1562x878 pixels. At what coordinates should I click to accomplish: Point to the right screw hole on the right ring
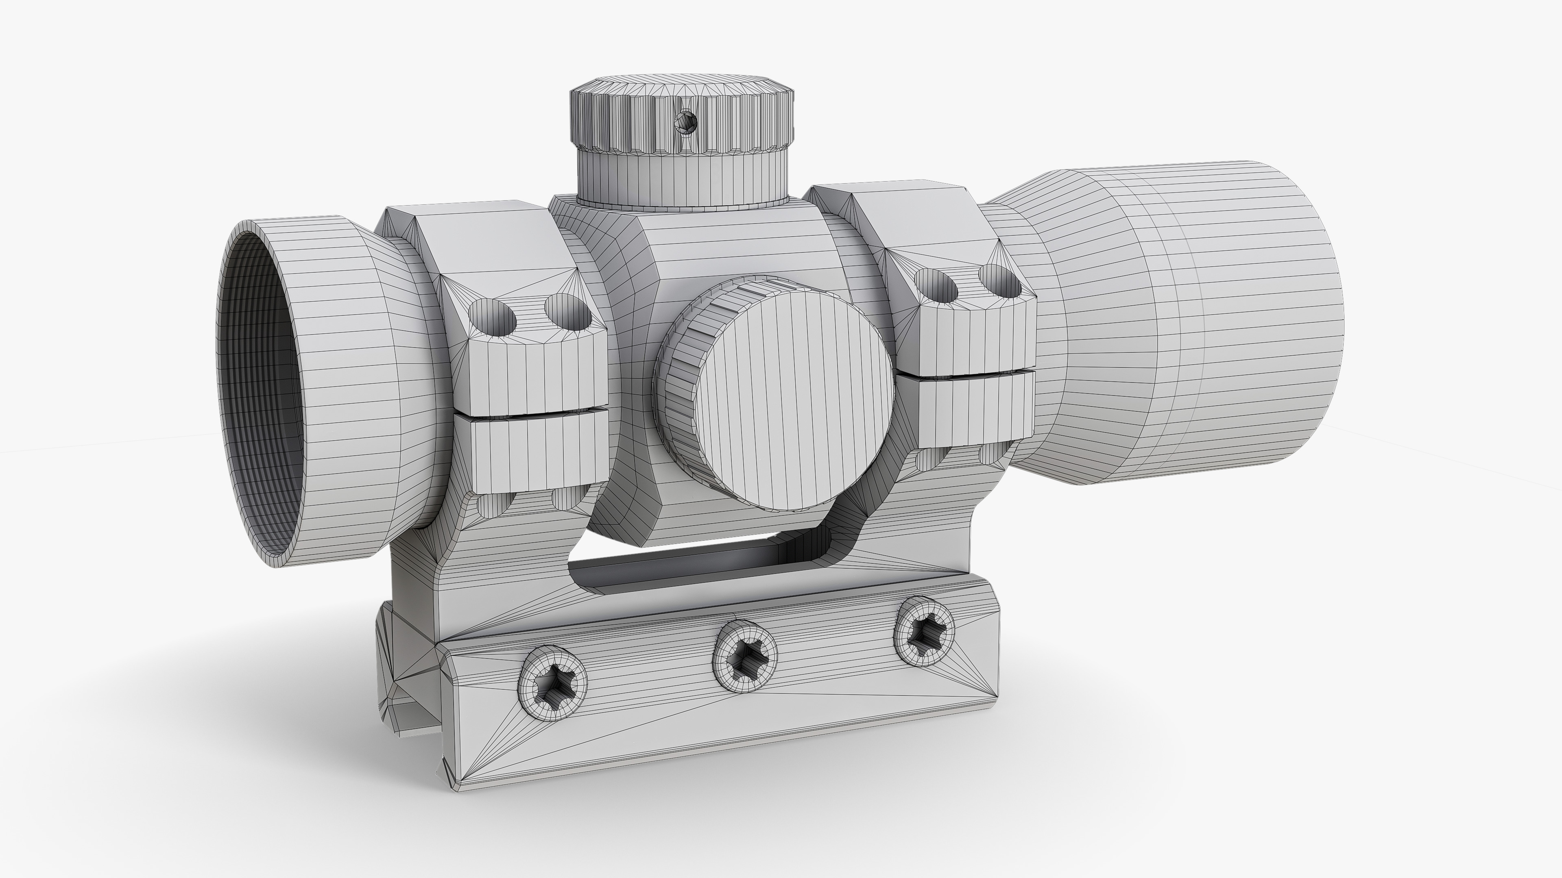click(x=1001, y=280)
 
